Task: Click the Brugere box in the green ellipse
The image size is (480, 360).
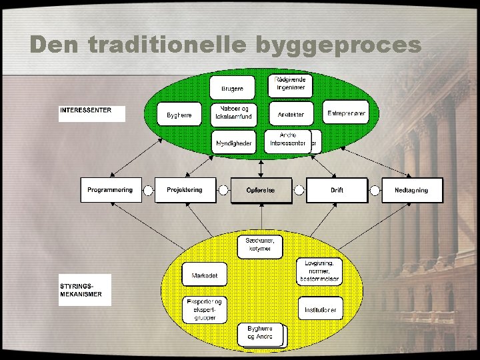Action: (233, 88)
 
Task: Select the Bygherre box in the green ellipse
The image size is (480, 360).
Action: (179, 115)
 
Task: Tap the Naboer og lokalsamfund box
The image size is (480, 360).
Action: (233, 113)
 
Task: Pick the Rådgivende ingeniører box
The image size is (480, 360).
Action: (291, 84)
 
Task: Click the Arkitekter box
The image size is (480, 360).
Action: (291, 114)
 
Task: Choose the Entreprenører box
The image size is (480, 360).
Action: (346, 113)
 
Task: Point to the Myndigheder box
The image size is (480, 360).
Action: (233, 143)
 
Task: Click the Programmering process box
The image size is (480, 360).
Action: (110, 190)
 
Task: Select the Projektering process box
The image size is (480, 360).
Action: (185, 190)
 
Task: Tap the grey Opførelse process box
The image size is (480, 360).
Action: (261, 191)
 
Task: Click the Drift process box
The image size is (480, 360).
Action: (337, 190)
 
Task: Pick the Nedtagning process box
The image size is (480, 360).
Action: (411, 190)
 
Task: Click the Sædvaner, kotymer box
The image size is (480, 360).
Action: (260, 245)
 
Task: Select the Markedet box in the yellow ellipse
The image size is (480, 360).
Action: (205, 274)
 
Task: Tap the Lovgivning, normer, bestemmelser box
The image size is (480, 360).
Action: (319, 271)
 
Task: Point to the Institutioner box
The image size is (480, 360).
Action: (319, 309)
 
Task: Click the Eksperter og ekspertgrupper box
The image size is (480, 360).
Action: (205, 309)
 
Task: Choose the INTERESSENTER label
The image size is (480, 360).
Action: (91, 113)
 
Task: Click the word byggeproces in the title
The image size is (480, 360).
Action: (339, 45)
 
